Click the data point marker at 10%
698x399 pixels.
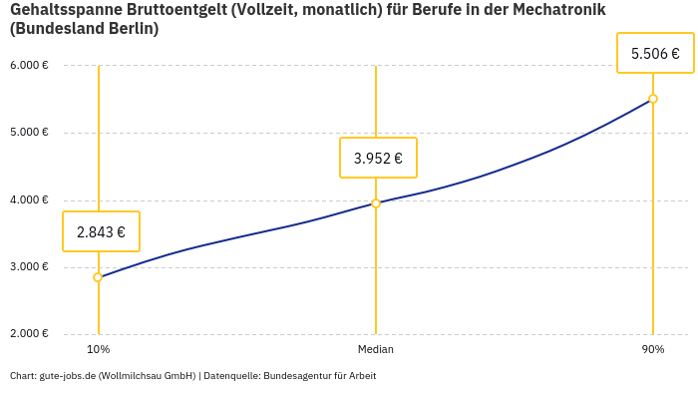(x=98, y=277)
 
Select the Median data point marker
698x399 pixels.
(x=376, y=203)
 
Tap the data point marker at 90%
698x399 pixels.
(x=653, y=99)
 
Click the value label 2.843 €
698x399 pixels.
(x=101, y=231)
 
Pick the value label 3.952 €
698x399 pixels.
(x=378, y=158)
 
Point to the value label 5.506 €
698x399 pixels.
(x=655, y=53)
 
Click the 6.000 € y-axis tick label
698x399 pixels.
(x=29, y=66)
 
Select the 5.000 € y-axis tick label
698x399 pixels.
(x=29, y=133)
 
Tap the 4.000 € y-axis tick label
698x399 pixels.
(x=29, y=199)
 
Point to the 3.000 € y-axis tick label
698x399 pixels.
(x=29, y=267)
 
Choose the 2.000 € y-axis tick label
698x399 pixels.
(x=29, y=334)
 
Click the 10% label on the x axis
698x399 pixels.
(x=98, y=349)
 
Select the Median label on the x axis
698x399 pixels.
(x=376, y=349)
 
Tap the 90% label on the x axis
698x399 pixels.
(x=653, y=349)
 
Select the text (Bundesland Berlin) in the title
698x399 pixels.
(x=84, y=29)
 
